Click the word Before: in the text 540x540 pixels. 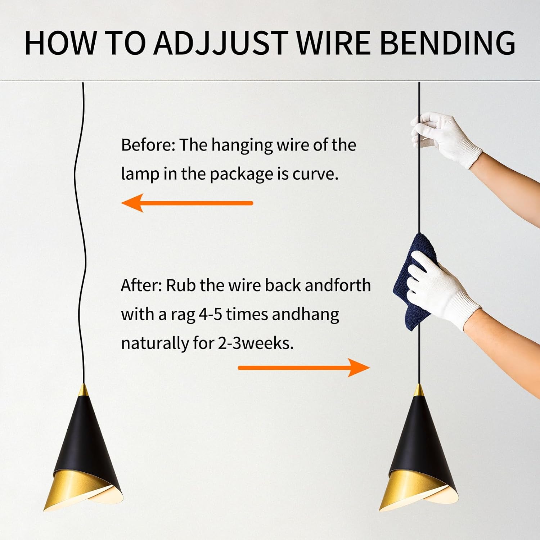148,145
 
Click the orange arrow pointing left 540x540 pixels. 187,203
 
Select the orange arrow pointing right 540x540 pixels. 304,368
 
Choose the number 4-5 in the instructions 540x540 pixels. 210,314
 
